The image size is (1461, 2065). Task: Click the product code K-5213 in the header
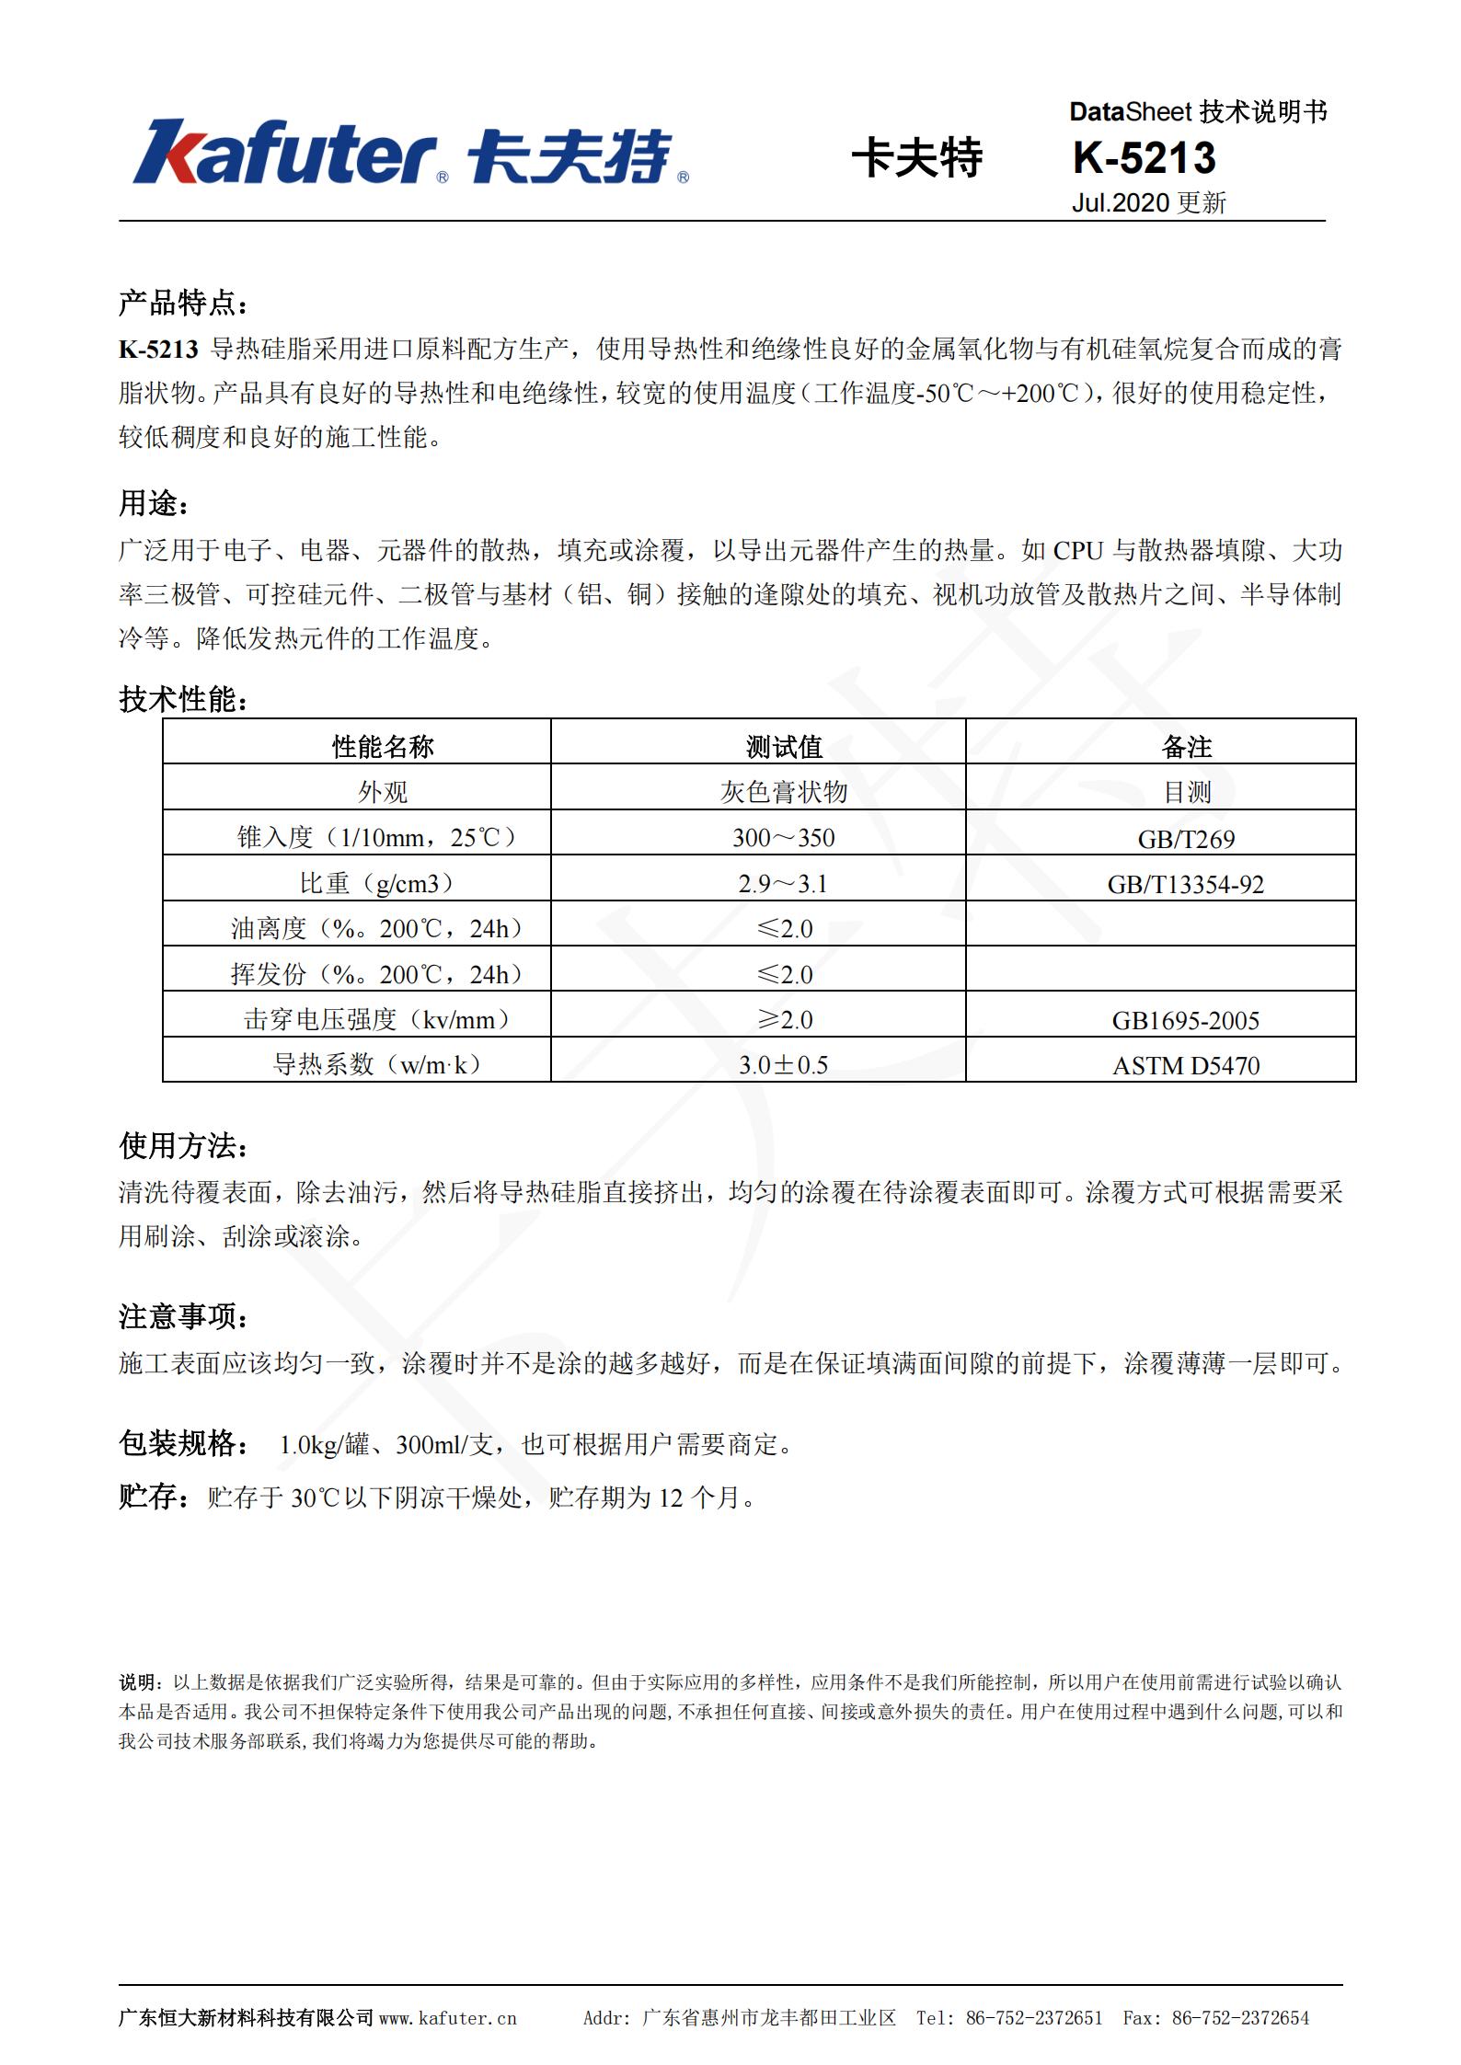point(1144,158)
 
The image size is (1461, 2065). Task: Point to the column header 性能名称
point(383,746)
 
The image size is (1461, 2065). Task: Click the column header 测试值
point(784,746)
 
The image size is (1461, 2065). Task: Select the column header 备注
point(1186,746)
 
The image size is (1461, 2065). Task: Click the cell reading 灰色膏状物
point(784,791)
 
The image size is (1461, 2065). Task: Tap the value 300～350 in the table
point(784,837)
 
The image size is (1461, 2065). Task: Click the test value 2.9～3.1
point(783,883)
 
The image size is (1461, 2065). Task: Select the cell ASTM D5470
point(1186,1065)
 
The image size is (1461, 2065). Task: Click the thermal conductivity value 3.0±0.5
point(783,1064)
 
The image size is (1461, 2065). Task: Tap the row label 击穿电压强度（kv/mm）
point(376,1019)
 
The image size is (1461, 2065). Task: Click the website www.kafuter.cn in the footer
point(448,2018)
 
